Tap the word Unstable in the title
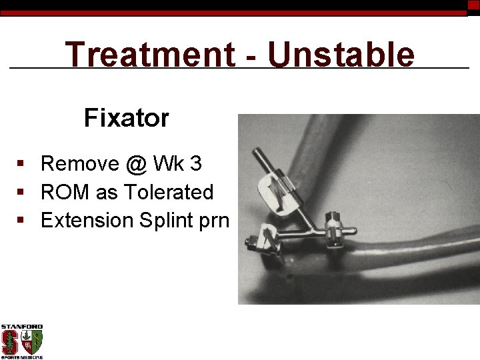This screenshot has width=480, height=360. pos(341,55)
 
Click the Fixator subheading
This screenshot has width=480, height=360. pos(126,119)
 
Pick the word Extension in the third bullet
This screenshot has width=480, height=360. pos(87,221)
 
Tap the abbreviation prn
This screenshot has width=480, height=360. pos(213,222)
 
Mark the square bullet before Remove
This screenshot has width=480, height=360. pos(22,164)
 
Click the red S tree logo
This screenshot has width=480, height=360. pos(10,342)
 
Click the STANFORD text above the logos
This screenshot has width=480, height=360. pos(21,327)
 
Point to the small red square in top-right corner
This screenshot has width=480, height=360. pos(473,5)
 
